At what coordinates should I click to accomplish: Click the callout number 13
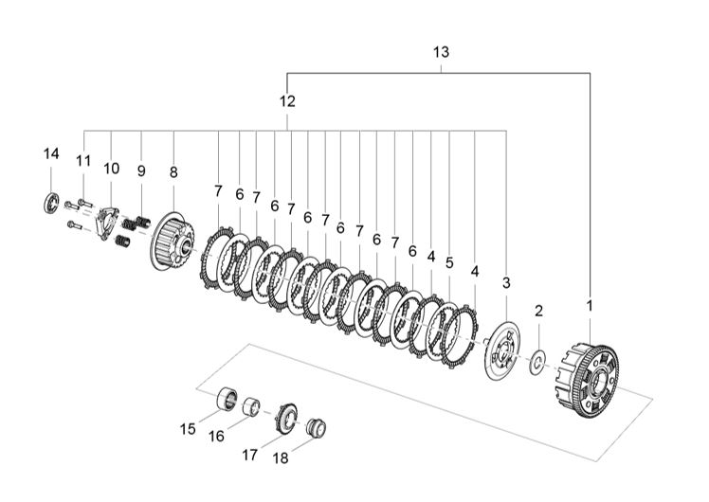tap(442, 52)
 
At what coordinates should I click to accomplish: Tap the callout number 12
tap(287, 100)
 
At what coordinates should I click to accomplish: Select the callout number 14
tap(51, 153)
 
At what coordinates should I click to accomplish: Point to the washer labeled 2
tap(537, 361)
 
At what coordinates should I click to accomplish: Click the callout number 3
tap(506, 283)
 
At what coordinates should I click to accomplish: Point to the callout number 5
tap(449, 262)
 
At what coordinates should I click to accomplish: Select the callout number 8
tap(173, 172)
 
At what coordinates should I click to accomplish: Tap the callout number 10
tap(112, 168)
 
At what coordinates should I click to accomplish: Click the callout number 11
tap(82, 161)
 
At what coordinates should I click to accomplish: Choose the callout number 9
tap(141, 171)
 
